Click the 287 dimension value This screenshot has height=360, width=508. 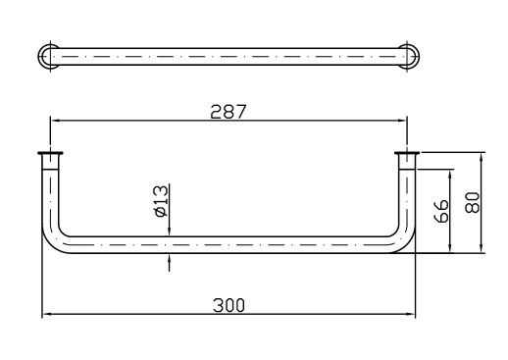pyautogui.click(x=228, y=112)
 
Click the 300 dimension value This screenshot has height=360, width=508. pyautogui.click(x=229, y=305)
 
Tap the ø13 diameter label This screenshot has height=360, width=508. pyautogui.click(x=162, y=201)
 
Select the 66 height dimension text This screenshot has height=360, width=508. pyautogui.click(x=441, y=211)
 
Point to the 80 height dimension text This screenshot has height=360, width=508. pyautogui.click(x=473, y=203)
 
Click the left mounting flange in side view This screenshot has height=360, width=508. pyautogui.click(x=50, y=153)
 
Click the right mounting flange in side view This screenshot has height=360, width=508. pyautogui.click(x=407, y=153)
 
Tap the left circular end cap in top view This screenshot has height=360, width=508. pyautogui.click(x=49, y=57)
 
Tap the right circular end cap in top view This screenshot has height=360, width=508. pyautogui.click(x=408, y=57)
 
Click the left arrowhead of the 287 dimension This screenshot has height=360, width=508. pyautogui.click(x=55, y=121)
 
